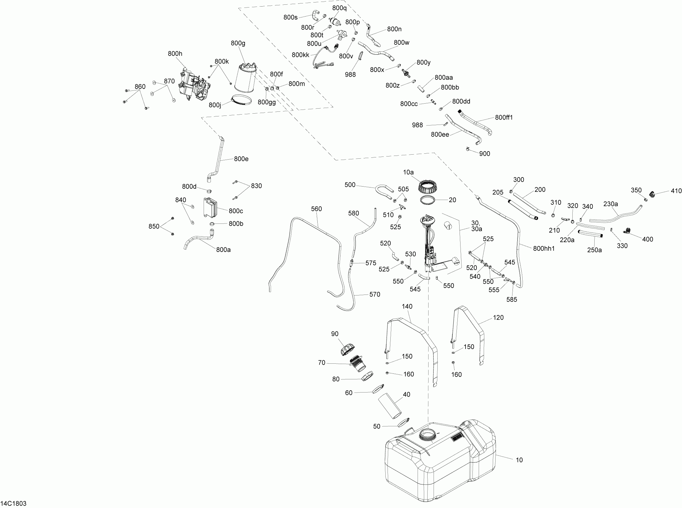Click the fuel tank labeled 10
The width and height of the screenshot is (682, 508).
439,463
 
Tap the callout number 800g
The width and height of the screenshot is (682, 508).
238,44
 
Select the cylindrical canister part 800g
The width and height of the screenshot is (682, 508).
245,81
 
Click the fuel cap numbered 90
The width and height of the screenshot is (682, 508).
347,349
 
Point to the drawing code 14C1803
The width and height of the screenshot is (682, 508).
13,503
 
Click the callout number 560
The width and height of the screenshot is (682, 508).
316,209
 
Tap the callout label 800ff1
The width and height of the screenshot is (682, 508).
504,117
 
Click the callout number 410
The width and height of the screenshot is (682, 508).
676,191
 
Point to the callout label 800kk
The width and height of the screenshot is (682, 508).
300,55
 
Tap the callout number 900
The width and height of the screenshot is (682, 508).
485,154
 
